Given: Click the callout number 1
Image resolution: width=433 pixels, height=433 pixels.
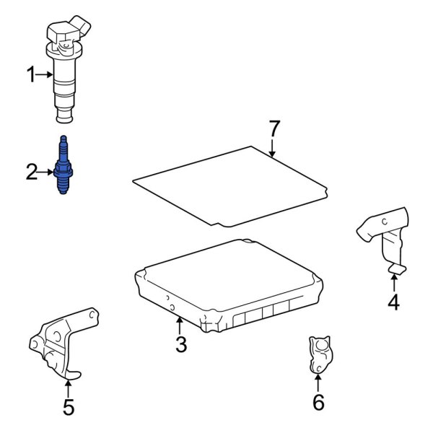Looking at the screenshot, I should click(x=31, y=73).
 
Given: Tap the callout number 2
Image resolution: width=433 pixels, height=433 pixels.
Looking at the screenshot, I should click(x=31, y=172).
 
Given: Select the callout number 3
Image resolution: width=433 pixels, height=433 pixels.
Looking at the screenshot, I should click(x=180, y=345).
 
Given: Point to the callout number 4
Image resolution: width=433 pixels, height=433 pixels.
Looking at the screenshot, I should click(x=393, y=302).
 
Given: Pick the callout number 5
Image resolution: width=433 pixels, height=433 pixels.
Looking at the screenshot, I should click(x=68, y=407).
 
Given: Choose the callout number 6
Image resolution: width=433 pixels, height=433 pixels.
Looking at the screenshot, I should click(x=318, y=402).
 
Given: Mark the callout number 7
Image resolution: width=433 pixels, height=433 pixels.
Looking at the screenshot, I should click(x=273, y=129).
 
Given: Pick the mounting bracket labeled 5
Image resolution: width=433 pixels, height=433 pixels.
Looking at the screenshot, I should click(x=61, y=343).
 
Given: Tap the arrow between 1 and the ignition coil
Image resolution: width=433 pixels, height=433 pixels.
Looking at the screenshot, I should click(x=45, y=73).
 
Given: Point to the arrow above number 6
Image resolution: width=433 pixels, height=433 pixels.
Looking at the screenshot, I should click(x=318, y=382).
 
